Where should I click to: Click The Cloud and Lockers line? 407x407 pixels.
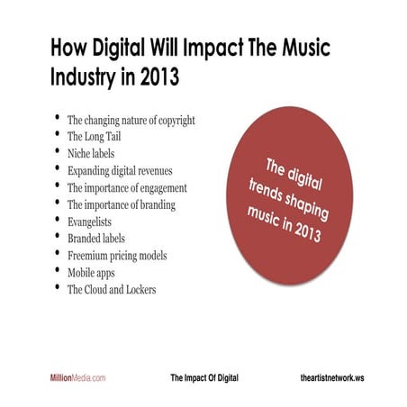tap(113, 290)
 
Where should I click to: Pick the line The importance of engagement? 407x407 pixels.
tap(127, 187)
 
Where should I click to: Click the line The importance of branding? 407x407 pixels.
tap(121, 204)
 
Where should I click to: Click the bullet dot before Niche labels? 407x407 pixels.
tap(58, 151)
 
